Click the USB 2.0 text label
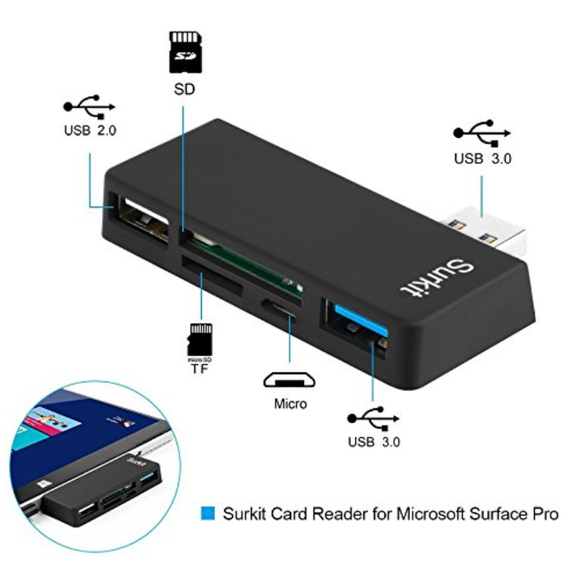coord(89,130)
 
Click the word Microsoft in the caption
coord(431,513)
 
